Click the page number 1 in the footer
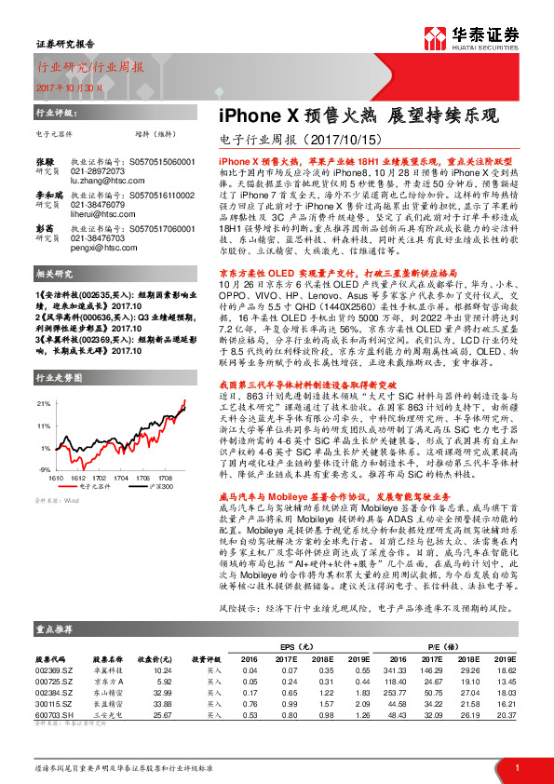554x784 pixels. coord(516,767)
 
